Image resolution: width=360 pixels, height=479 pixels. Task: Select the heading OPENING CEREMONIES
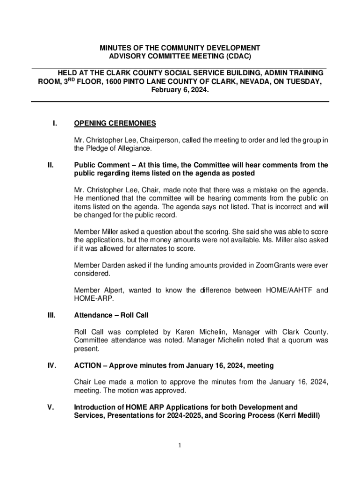pos(115,123)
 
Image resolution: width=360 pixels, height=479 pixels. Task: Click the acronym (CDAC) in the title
pos(235,56)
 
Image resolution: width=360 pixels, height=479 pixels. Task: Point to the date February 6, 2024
pos(180,90)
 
